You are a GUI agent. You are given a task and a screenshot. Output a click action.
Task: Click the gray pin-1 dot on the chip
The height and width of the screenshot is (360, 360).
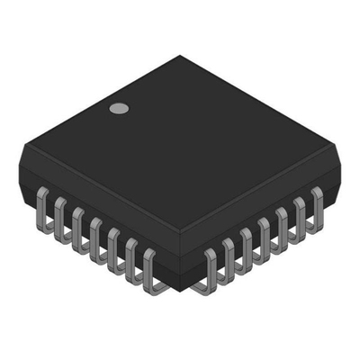pyautogui.click(x=118, y=109)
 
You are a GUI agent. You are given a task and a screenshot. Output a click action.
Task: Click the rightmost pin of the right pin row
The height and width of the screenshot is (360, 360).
pyautogui.click(x=316, y=203)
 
